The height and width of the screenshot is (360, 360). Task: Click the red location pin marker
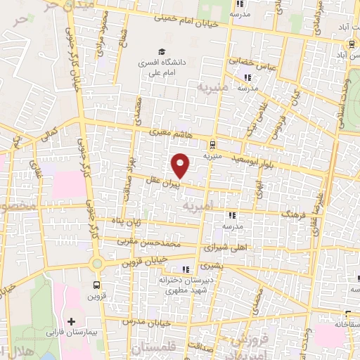(181, 165)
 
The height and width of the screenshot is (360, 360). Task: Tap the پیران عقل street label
(164, 181)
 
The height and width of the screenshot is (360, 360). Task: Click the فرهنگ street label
(294, 213)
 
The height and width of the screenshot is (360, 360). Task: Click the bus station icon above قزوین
(97, 285)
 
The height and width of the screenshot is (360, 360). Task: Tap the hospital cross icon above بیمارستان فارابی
(71, 321)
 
